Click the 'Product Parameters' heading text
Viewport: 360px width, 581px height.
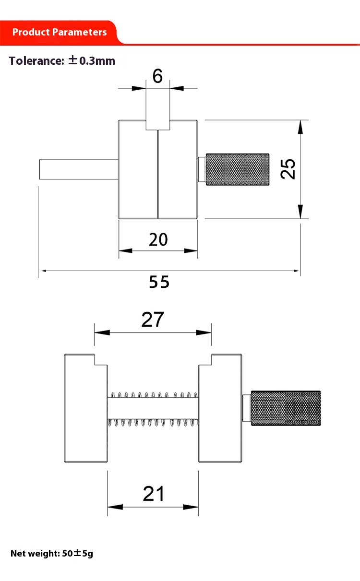pos(60,32)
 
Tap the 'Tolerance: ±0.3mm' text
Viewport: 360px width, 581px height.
pos(62,61)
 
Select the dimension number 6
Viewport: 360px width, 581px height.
pos(157,76)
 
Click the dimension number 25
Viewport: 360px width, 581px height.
pos(288,169)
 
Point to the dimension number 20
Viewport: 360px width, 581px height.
pos(158,239)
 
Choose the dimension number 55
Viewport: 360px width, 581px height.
pos(159,282)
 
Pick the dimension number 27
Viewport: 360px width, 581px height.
pos(153,320)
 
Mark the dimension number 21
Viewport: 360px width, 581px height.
pos(154,494)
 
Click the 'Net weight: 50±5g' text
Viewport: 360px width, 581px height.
pos(52,553)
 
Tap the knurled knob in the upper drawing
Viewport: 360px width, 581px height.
pos(238,169)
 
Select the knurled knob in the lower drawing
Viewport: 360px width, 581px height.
pos(286,408)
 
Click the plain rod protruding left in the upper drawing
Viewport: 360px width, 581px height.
pos(79,169)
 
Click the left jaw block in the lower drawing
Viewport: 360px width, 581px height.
pos(85,408)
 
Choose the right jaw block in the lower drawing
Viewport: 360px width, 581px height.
pos(220,408)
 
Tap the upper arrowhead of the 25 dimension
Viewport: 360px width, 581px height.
pos(300,127)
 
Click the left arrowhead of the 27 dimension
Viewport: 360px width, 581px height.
pos(102,332)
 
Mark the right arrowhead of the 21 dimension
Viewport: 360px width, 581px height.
pos(191,507)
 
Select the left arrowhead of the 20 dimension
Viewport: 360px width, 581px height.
pos(126,250)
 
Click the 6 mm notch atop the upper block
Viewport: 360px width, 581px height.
pos(158,125)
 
